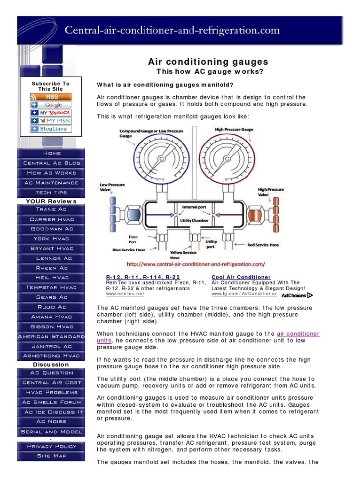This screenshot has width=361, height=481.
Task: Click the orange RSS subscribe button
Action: [51, 97]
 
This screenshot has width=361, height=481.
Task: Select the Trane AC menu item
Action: [52, 209]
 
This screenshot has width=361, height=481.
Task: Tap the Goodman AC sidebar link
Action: [52, 229]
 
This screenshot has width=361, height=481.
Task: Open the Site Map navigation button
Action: [52, 456]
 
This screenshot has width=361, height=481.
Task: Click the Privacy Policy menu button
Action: [52, 446]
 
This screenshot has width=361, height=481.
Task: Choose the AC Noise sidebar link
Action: [52, 422]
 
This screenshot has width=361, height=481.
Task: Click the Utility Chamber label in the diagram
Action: [194, 220]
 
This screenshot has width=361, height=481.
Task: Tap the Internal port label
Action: [194, 207]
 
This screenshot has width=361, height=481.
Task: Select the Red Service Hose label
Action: [263, 245]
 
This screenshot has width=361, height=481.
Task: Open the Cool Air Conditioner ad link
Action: [241, 277]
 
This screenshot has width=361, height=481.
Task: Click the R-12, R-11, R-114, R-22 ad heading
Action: [143, 277]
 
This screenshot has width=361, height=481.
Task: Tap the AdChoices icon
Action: [297, 295]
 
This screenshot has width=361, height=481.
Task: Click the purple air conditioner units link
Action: [298, 334]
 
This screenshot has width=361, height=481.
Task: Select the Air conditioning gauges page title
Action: [208, 62]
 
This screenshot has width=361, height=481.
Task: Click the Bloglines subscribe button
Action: [51, 129]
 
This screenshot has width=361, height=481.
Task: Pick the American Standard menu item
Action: [52, 336]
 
